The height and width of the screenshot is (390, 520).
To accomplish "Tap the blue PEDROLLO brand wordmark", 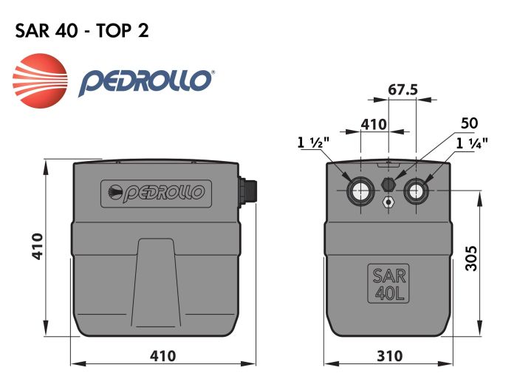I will click(146, 81).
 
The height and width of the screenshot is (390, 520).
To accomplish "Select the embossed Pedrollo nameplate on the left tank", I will click(156, 194).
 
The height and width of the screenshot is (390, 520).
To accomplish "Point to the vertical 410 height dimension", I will click(38, 246).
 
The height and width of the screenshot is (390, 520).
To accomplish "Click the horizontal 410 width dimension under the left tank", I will click(162, 356).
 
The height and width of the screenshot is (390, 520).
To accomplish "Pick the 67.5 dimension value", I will click(403, 89).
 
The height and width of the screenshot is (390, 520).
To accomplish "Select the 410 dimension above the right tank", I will click(374, 123).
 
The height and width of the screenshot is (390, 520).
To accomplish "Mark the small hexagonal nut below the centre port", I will click(389, 201).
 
